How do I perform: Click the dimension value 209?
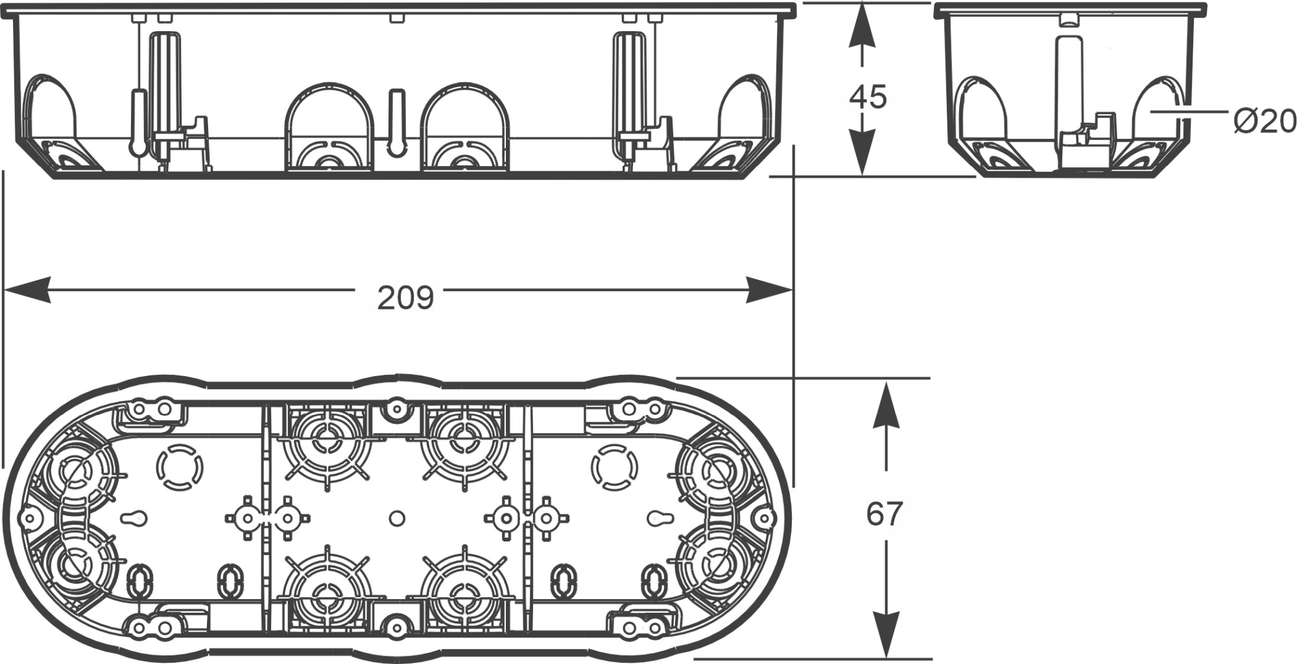point(405,298)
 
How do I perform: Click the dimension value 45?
point(868,97)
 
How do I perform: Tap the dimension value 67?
point(884,514)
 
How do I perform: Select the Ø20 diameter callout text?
point(1264,121)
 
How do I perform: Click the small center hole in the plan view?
point(398,518)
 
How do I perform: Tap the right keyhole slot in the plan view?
point(661,519)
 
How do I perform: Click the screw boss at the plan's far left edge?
point(28,517)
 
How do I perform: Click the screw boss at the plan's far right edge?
point(765,517)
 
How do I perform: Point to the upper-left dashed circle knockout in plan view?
point(180,466)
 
